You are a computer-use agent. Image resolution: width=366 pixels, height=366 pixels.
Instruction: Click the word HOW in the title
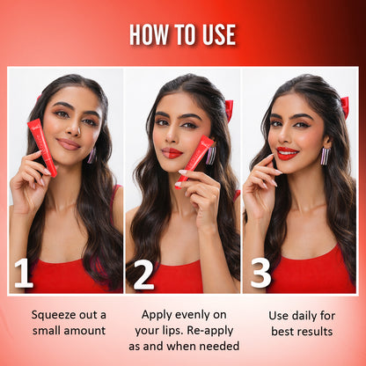click(150, 34)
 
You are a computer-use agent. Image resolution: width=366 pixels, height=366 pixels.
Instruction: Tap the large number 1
click(23, 274)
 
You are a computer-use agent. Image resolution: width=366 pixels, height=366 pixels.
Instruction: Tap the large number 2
click(143, 274)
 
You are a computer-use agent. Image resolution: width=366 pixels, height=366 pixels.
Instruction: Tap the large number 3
click(260, 274)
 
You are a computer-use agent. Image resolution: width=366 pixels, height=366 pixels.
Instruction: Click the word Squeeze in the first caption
click(55, 314)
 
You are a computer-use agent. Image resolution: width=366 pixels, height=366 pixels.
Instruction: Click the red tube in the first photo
click(41, 146)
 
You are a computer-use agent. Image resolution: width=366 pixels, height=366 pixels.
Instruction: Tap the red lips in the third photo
click(287, 153)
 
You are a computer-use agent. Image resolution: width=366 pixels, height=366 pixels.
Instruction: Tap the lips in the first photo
click(70, 143)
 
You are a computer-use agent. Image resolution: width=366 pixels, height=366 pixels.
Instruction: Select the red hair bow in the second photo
click(229, 109)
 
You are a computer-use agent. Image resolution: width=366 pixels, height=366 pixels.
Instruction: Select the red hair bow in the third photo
click(345, 106)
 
